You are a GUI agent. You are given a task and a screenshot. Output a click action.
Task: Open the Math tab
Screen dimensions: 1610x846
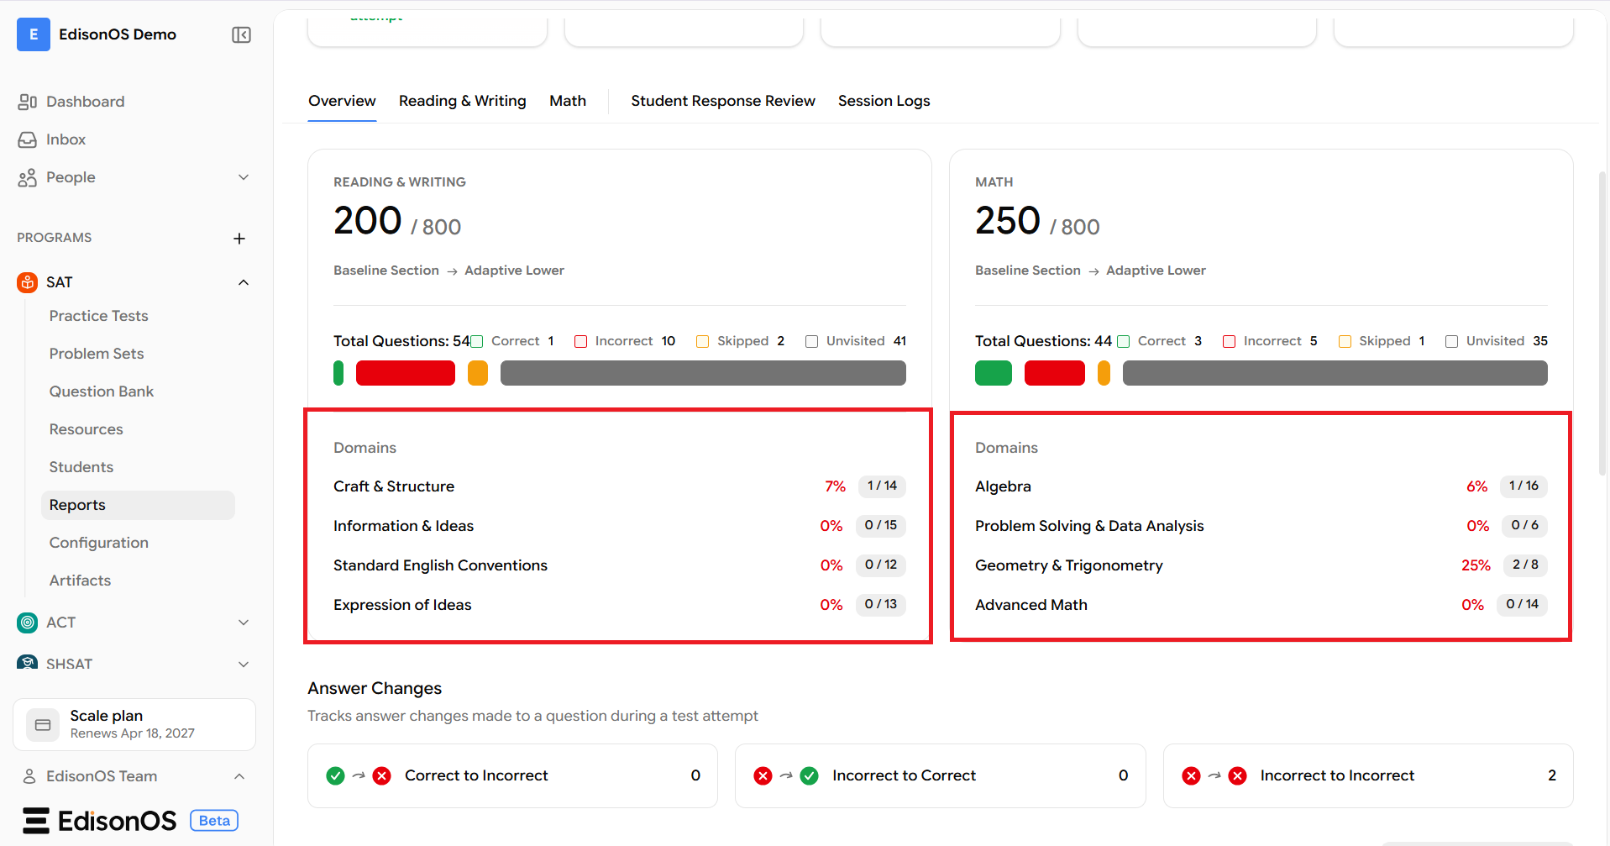coord(568,101)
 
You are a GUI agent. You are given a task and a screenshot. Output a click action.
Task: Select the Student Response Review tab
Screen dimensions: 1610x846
coord(723,101)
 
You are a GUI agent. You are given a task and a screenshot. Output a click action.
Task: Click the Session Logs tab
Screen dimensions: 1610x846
coord(884,101)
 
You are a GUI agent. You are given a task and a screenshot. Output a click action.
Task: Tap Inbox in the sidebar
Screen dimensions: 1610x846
coord(66,139)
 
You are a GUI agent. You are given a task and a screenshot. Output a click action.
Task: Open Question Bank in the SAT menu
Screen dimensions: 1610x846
coord(102,391)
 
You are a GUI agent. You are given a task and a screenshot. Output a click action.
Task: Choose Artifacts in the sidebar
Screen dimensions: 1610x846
coord(80,581)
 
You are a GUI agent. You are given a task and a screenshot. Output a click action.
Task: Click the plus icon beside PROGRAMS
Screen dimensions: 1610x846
coord(239,239)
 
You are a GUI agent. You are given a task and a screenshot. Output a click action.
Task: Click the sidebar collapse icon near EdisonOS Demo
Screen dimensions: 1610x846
coord(241,34)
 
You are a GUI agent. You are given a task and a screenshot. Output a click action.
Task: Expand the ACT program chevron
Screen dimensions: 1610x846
coord(244,623)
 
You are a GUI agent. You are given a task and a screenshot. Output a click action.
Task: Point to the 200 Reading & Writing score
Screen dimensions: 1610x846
coord(368,220)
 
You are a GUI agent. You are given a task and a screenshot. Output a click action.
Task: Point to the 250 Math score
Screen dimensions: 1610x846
coord(1008,220)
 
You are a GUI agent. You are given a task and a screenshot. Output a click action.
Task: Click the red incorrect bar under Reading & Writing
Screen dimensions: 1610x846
coord(406,373)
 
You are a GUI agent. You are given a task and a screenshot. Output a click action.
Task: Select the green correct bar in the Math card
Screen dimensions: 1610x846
coord(994,373)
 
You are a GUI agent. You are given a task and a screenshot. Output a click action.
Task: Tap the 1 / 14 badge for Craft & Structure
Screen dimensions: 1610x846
coord(882,486)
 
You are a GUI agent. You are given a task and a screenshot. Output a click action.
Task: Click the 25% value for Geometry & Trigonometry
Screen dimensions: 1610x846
coord(1476,565)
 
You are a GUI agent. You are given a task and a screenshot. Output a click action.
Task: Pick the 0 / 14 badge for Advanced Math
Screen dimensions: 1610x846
coord(1522,604)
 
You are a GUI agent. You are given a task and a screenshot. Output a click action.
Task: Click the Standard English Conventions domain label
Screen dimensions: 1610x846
coord(440,565)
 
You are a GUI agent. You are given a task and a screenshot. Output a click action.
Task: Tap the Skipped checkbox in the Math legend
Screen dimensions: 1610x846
coord(1345,341)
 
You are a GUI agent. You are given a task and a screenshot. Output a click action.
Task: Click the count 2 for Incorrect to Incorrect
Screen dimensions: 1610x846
coord(1552,775)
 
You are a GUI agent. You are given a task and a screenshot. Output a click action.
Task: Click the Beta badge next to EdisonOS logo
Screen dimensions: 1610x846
coord(214,821)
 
